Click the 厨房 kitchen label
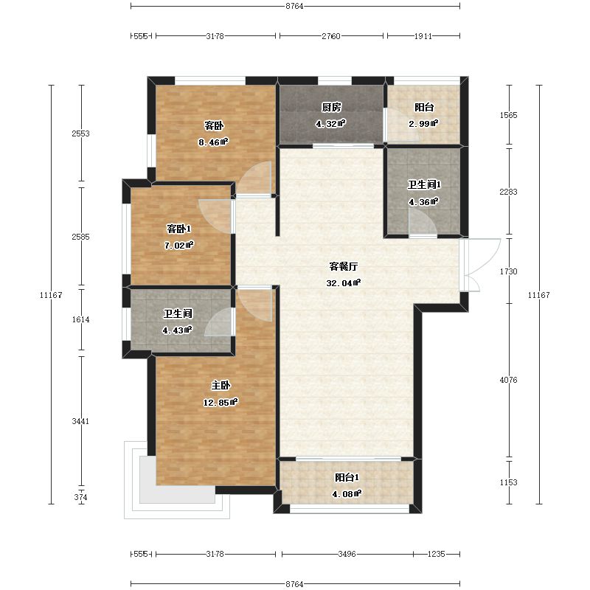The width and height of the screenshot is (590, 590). [x=331, y=108]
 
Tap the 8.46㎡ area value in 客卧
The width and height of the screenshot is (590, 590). [x=213, y=142]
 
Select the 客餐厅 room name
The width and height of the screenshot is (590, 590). [x=343, y=266]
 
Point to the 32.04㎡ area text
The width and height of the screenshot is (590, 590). [x=343, y=283]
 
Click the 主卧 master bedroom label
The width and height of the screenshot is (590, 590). [x=221, y=386]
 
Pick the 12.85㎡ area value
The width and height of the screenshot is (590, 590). [x=221, y=403]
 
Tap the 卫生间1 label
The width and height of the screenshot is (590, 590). [x=424, y=185]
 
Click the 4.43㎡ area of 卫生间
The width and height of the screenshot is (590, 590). [x=177, y=330]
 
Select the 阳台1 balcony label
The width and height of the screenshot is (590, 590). [x=347, y=477]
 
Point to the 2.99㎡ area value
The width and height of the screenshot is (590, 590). [x=423, y=124]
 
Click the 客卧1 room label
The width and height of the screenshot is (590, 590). [x=178, y=229]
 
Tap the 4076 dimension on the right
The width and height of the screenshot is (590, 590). [x=508, y=380]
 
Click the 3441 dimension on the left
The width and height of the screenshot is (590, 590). [x=80, y=421]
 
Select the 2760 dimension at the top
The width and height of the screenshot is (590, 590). [x=331, y=36]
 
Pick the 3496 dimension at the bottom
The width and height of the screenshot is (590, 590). [x=347, y=554]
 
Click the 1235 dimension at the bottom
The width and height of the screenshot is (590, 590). [x=437, y=554]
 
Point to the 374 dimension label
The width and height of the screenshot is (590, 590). [x=80, y=497]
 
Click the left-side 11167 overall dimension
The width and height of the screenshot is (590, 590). [x=51, y=295]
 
